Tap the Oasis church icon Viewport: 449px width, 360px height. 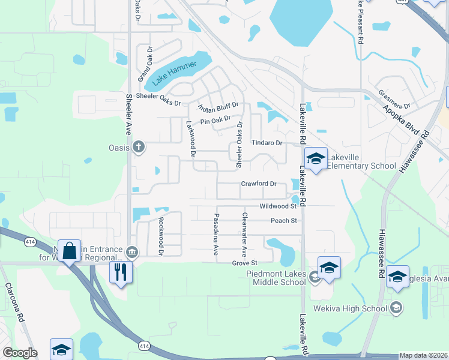(139, 146)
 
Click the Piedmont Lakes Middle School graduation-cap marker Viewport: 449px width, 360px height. (329, 268)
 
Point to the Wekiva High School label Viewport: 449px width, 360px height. (363, 308)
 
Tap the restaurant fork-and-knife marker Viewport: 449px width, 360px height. (121, 272)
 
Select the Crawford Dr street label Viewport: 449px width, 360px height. (259, 184)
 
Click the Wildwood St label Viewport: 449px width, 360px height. (278, 206)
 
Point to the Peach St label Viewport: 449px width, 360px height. (284, 221)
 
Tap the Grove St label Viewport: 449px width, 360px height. (245, 263)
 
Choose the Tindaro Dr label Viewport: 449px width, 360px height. (267, 143)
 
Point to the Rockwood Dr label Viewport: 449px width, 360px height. (161, 236)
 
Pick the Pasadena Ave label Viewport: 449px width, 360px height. (216, 234)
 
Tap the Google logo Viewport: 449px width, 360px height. (20, 353)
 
